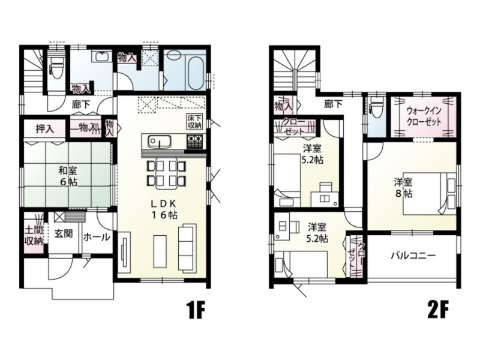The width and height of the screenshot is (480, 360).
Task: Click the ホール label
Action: pyautogui.click(x=97, y=237)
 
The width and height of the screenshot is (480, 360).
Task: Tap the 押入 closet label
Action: pyautogui.click(x=43, y=128)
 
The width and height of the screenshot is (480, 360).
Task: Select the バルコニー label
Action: pyautogui.click(x=413, y=255)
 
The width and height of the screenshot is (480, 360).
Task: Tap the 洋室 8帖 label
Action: pyautogui.click(x=403, y=187)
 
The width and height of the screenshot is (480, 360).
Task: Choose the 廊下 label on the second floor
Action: pyautogui.click(x=333, y=104)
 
